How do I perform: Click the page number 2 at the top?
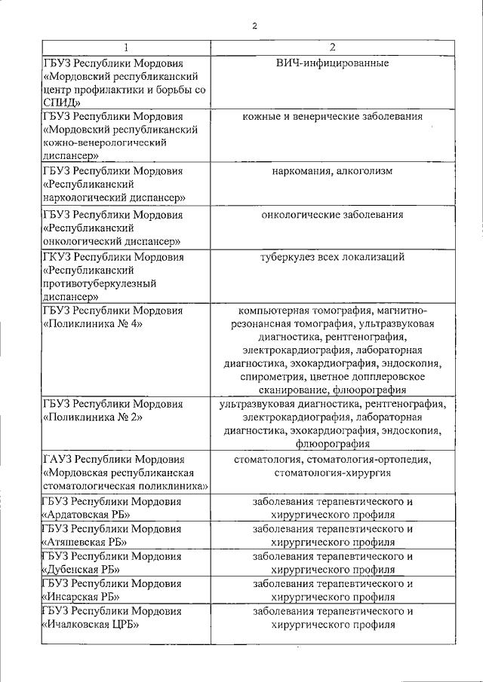[255, 26]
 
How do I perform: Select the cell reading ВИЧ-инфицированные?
[333, 63]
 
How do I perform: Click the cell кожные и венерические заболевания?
[333, 117]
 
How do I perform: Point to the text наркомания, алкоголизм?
[333, 171]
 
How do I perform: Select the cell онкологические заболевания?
[333, 215]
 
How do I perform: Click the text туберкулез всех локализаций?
[333, 258]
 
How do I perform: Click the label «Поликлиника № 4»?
[94, 323]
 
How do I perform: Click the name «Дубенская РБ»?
[83, 569]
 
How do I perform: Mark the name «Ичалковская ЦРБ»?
[91, 625]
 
